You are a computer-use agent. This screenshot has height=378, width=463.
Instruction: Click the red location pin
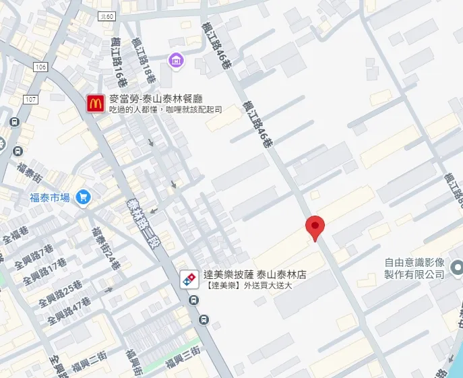(315, 228)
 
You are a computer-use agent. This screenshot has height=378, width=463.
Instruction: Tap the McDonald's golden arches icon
(96, 103)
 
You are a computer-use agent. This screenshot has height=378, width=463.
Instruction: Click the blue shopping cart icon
(84, 197)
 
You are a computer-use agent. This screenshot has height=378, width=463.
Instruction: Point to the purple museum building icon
(176, 61)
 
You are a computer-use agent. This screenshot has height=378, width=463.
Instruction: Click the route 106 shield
(40, 67)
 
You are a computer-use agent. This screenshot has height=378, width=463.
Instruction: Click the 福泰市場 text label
(50, 197)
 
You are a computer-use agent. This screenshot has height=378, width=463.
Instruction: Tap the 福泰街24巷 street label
(106, 249)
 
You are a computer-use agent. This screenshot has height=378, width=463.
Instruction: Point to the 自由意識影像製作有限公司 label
(414, 268)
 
